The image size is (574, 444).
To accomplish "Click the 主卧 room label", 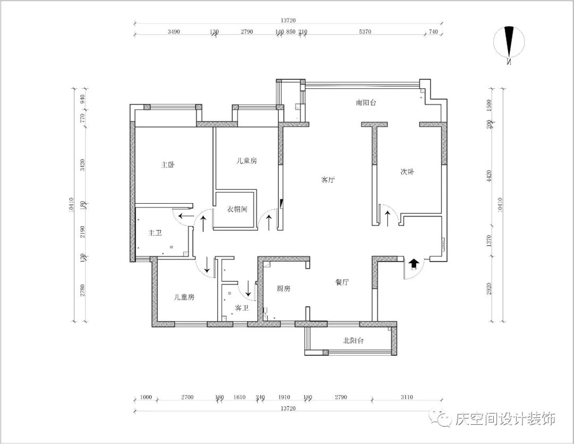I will point(168,165).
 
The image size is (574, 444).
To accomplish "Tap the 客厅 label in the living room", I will point(328,180).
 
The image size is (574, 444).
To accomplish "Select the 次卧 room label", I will point(407,172).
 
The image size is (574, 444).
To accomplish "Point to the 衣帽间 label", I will point(237,210).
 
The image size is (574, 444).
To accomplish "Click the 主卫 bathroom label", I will point(155,233).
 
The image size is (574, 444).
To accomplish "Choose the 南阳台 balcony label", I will point(366,102).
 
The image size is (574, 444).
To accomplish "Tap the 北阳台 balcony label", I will point(353,340).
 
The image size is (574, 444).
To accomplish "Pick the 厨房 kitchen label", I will point(284,289).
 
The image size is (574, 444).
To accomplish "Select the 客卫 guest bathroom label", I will point(242,308).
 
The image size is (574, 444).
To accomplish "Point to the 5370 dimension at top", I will point(365,32).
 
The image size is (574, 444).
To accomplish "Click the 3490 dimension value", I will point(174,32).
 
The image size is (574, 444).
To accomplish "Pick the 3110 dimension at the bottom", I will point(407,397).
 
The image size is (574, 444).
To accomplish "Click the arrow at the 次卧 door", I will point(389,217).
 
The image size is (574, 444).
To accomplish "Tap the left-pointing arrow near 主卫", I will point(186,216).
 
